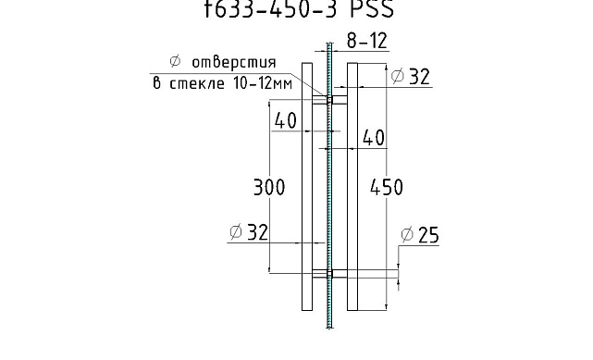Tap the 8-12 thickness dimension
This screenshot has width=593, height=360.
[366, 42]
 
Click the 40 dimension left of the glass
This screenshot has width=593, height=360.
[285, 119]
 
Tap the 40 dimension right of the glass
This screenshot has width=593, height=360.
[373, 138]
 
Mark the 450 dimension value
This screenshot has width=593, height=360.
[386, 187]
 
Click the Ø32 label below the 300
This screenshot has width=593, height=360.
[248, 232]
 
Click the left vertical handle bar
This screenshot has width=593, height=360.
[306, 185]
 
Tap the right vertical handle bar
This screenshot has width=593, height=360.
[352, 185]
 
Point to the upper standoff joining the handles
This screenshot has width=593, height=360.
[328, 97]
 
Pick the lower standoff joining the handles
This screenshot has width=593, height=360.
[328, 274]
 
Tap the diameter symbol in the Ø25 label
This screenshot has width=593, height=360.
[407, 235]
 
